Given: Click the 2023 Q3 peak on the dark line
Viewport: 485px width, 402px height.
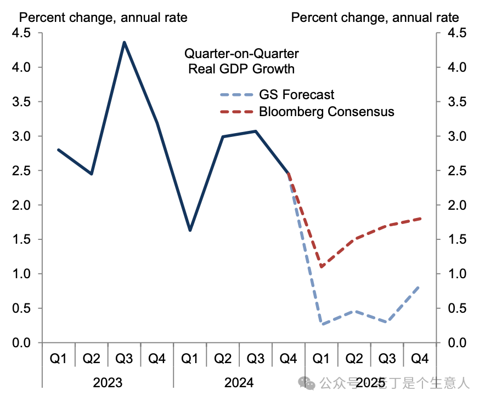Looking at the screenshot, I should point(125,42).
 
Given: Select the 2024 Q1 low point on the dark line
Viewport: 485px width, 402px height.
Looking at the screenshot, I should point(190,231).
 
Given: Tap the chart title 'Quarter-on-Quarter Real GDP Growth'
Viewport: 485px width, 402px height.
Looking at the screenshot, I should point(241,61).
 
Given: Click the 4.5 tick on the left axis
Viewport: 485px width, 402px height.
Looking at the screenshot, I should point(22,33).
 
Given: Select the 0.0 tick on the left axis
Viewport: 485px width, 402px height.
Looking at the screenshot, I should point(22,343).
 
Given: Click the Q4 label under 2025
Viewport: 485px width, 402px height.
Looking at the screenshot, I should point(420,359).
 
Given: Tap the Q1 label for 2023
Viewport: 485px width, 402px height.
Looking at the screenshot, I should point(59,359).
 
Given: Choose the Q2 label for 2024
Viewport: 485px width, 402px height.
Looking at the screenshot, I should point(223,359).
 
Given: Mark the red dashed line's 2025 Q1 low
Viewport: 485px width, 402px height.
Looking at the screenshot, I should point(322,267).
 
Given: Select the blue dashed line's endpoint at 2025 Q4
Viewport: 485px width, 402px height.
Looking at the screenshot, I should point(420,286).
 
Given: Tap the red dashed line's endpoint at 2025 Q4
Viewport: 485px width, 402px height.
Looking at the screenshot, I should point(420,219).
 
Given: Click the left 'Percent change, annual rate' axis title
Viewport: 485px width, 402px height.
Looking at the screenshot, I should point(103,18).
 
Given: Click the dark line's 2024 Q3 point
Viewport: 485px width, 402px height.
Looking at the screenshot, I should point(256,131).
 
